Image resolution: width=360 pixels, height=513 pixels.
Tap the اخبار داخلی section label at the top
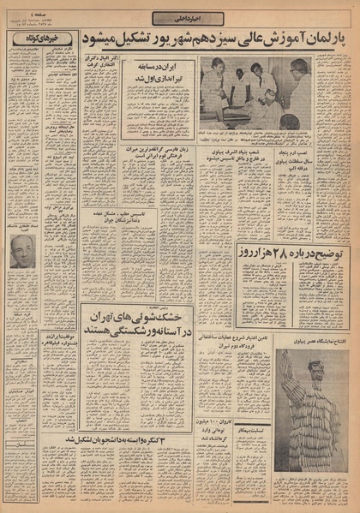click(180, 18)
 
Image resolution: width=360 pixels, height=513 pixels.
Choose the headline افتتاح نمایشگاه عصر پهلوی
click(312, 341)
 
